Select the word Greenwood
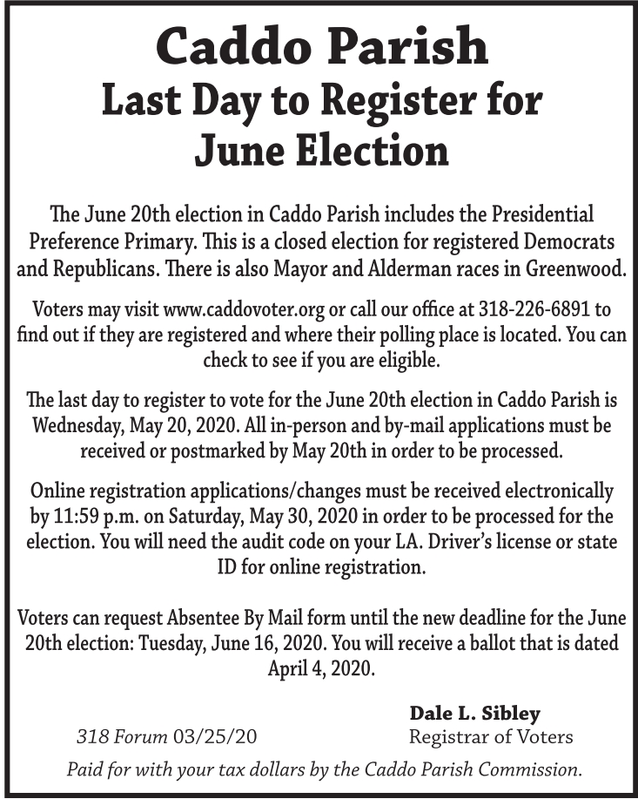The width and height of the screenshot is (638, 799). point(575,267)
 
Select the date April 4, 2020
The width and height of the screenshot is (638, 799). point(320,669)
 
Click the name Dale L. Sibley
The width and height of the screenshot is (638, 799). point(474,713)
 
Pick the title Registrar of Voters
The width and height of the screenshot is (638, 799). point(491,737)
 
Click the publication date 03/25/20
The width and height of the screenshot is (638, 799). point(215,737)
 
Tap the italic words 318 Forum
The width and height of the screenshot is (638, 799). point(122,737)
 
